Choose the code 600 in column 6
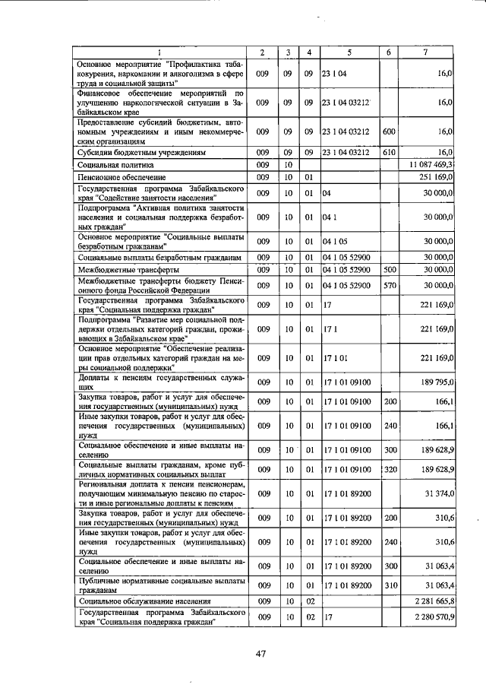click(389, 132)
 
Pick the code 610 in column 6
click(389, 152)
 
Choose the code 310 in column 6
click(389, 585)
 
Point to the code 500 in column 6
click(389, 269)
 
